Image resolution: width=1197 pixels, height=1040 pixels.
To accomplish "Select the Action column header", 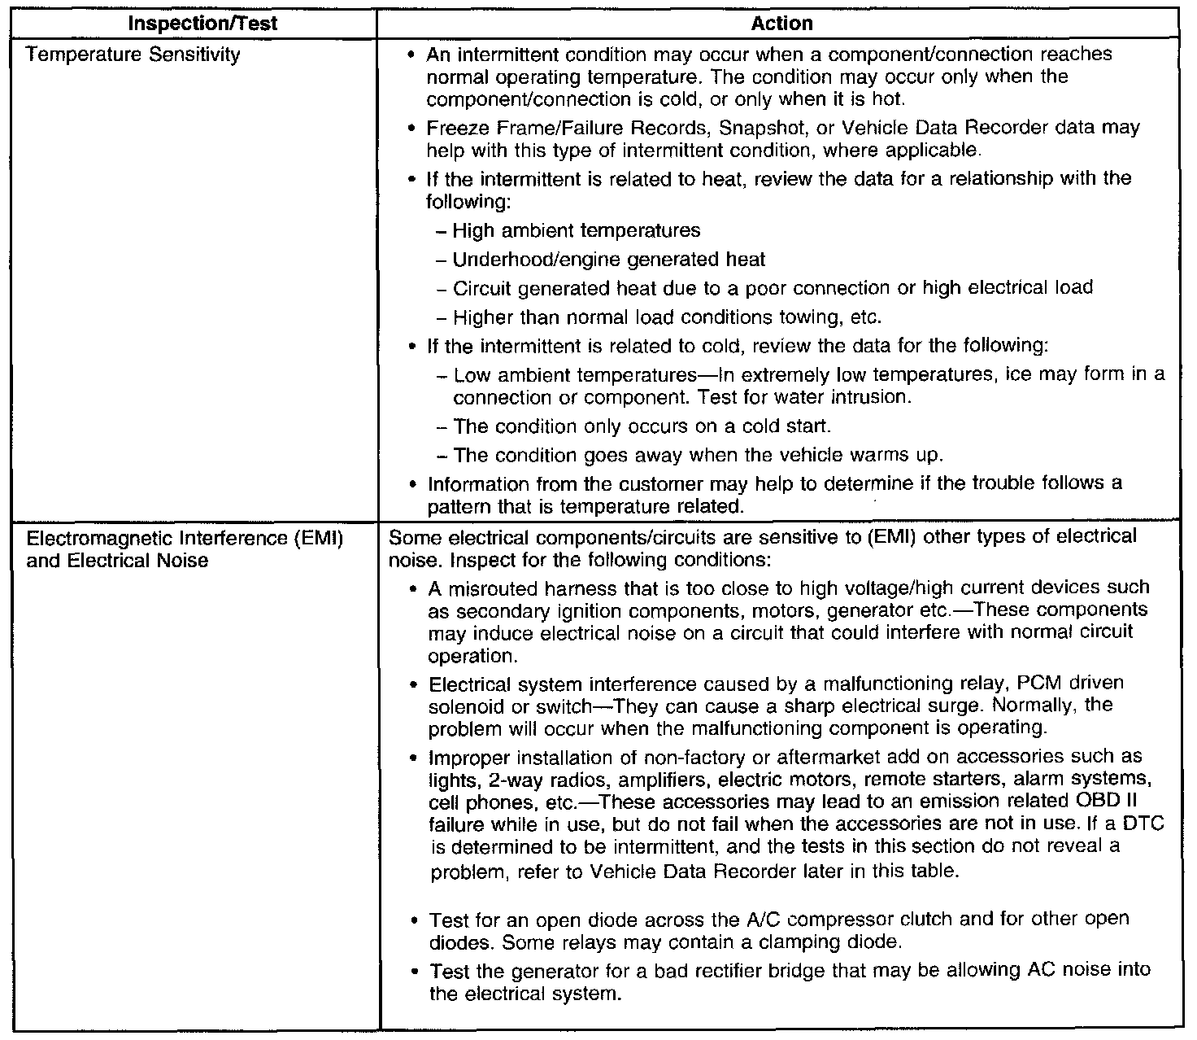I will [781, 24].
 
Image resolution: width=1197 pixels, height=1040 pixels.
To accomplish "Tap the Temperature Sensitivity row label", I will [133, 55].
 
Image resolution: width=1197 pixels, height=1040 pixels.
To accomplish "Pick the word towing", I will [819, 317].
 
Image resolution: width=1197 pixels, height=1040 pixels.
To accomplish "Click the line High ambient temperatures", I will [577, 231].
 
